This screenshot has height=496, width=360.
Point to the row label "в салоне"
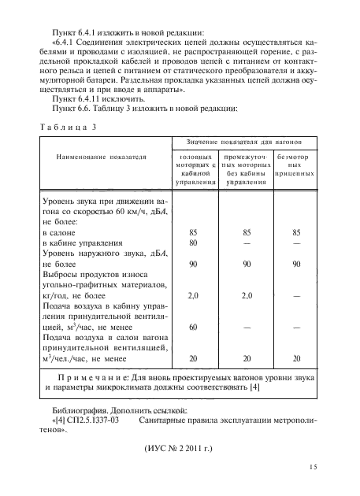(x=58, y=234)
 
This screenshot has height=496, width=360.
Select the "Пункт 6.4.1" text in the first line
(x=79, y=27)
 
